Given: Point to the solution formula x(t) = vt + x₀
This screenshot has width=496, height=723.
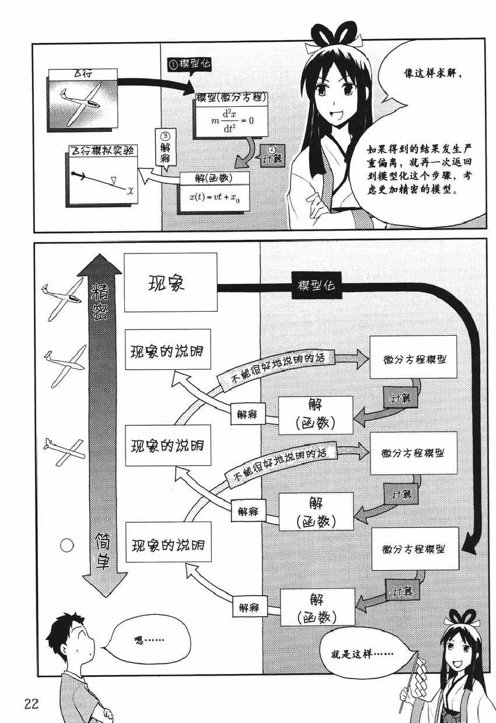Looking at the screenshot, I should (215, 197).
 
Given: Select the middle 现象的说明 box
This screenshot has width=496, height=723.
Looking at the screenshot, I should (166, 446).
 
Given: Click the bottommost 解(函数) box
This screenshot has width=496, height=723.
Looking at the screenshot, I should (317, 607).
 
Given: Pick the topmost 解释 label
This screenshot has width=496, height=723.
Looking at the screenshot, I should (249, 414).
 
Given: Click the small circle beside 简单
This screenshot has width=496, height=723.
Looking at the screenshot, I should (68, 545).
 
